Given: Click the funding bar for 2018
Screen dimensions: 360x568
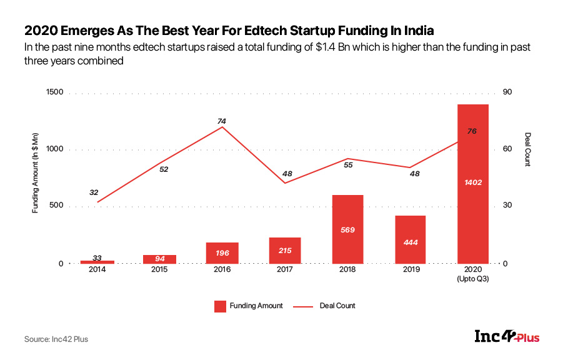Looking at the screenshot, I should [347, 229].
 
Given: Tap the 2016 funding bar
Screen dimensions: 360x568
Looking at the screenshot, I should [222, 252].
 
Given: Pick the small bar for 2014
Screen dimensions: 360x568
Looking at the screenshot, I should [97, 261].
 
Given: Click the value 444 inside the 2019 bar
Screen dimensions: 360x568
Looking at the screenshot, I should [410, 242].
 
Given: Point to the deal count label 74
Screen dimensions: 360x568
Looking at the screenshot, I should [221, 121].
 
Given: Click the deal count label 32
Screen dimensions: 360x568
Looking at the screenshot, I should [94, 192].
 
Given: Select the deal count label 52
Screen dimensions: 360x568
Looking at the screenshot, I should [164, 169].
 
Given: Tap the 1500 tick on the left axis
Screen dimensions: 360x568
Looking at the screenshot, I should [55, 92].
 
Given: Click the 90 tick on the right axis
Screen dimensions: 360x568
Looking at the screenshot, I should [507, 92].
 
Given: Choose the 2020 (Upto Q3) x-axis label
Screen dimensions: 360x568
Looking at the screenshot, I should [473, 274].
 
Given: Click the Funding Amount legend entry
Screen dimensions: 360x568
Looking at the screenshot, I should [248, 306].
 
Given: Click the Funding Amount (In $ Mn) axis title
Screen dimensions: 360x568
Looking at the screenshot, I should [36, 177].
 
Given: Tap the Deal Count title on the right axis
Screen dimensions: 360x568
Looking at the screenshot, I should [527, 150].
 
